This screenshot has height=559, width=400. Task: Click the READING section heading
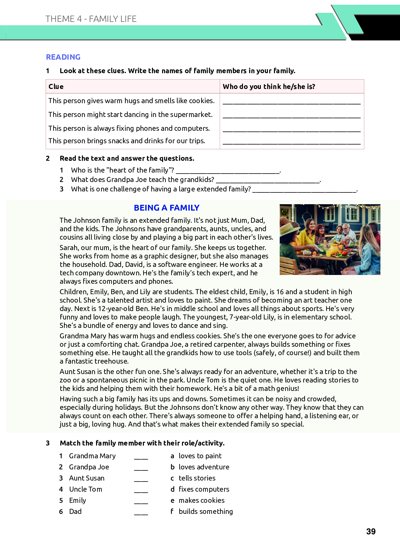(x=63, y=57)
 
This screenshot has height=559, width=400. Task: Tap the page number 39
(x=371, y=531)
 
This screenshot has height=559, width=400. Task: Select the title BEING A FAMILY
(x=166, y=208)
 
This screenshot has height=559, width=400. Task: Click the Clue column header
(x=56, y=86)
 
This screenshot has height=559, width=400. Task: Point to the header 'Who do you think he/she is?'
(x=269, y=86)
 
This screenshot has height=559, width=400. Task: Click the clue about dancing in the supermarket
(x=130, y=115)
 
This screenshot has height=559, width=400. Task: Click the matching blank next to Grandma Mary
(x=141, y=457)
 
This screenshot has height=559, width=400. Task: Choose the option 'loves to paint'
(x=200, y=456)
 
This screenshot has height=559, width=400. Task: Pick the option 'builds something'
(x=206, y=511)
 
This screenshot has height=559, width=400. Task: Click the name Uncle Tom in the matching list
(x=85, y=489)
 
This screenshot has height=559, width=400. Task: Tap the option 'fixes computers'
(x=204, y=489)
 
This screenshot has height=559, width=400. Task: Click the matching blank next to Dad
(x=141, y=512)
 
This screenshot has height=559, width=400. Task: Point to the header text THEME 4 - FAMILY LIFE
(x=91, y=19)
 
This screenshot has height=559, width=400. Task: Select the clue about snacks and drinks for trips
(x=127, y=141)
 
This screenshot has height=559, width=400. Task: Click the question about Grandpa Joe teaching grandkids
(x=143, y=180)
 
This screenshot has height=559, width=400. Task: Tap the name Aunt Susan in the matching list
(x=87, y=478)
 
